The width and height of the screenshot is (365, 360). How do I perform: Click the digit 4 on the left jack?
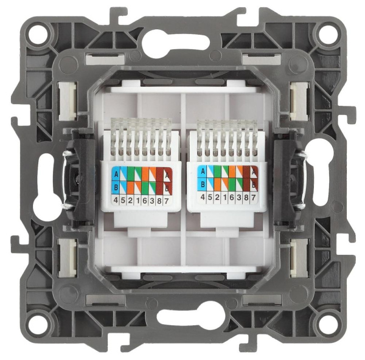[x=115, y=198]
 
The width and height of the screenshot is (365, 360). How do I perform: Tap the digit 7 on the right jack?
[x=252, y=198]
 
